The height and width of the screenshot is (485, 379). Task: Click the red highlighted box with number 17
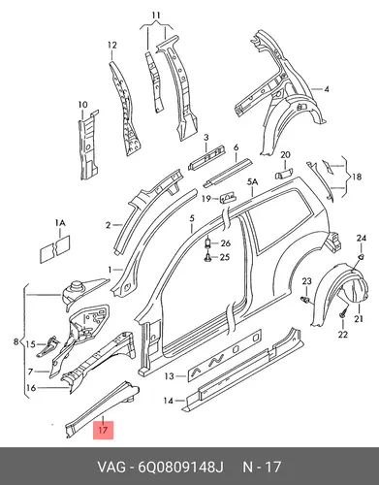[104, 431]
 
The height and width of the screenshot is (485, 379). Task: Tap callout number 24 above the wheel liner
[362, 239]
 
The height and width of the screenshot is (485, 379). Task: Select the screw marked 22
[342, 313]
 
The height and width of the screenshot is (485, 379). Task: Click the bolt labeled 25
[207, 257]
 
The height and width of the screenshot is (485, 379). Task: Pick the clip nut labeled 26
[207, 242]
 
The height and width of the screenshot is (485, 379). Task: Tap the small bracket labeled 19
[228, 197]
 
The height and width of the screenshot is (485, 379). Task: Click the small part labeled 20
[284, 174]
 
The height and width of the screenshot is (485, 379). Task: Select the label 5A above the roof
[253, 182]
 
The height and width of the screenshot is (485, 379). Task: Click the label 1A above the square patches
[60, 223]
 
